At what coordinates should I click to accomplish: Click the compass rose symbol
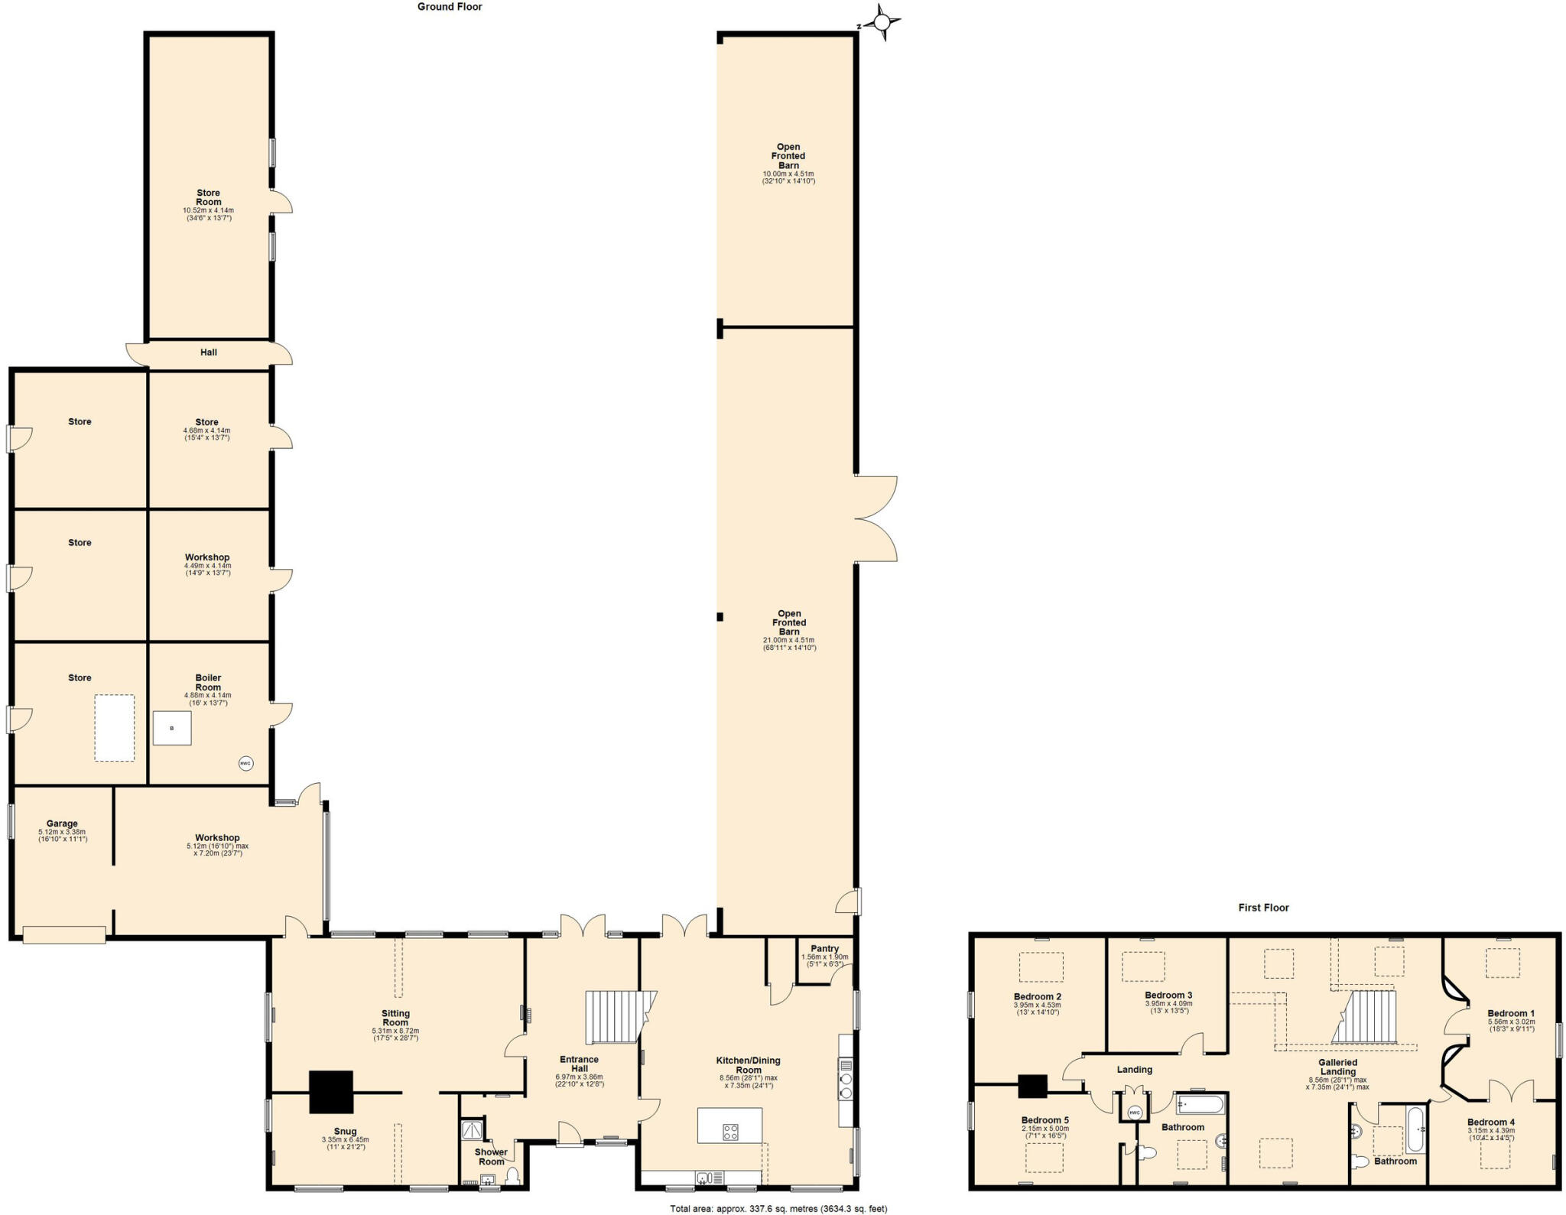pos(882,22)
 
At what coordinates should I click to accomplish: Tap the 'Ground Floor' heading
pos(450,7)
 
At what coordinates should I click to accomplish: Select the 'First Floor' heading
pos(1263,908)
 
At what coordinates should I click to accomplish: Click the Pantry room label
pos(824,948)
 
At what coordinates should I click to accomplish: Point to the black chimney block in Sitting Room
pos(331,1091)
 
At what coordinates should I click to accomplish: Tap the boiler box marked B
pos(172,728)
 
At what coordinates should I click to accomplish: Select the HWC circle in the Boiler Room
pos(245,763)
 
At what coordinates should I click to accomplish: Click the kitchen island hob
pos(730,1131)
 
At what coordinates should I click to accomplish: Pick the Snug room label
pos(345,1131)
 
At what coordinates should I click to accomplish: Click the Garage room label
pos(62,824)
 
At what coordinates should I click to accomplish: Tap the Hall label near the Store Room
pos(209,352)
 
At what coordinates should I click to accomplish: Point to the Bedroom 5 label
pos(1045,1120)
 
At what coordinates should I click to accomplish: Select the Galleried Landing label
pos(1337,1067)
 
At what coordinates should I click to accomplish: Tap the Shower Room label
pos(491,1157)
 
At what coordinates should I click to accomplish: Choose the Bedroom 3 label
pos(1168,995)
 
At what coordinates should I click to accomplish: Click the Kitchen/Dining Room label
pos(748,1065)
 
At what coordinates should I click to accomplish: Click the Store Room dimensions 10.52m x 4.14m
pos(208,210)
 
